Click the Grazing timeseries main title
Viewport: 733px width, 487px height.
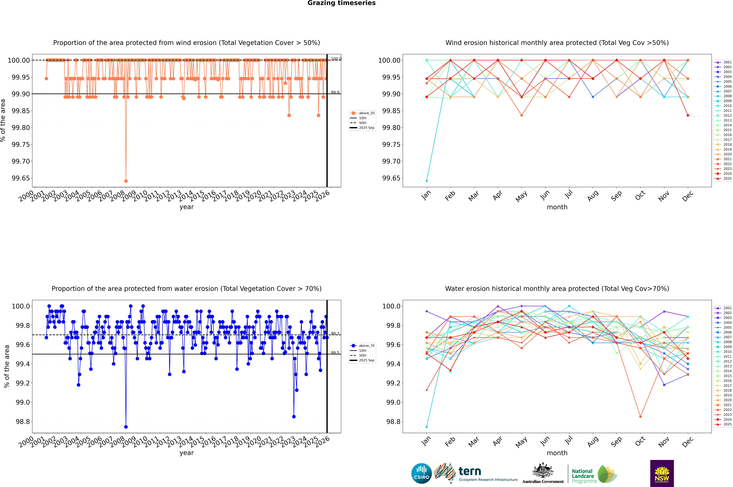(342, 3)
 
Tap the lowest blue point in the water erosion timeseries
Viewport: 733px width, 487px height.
(126, 427)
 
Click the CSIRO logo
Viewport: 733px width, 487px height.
(421, 473)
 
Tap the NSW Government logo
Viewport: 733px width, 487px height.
(662, 473)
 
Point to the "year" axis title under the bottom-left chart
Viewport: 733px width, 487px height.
(186, 453)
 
